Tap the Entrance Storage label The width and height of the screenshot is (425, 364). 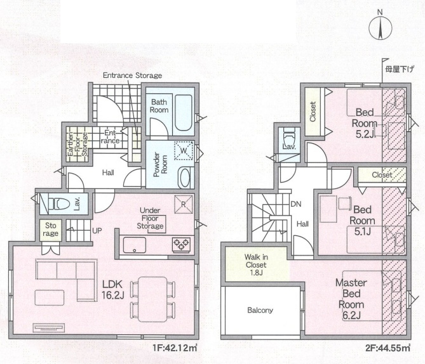coord(133,75)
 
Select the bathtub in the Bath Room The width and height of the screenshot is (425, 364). coord(183,113)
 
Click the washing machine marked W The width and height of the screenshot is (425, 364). coord(184,150)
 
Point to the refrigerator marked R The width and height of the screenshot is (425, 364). coord(183,204)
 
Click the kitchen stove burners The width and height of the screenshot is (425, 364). coord(181,244)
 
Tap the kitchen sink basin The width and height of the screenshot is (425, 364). coord(135,245)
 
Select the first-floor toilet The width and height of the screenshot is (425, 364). coord(57,204)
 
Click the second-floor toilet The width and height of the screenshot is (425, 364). coord(288,138)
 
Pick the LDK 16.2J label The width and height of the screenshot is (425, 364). coord(112,290)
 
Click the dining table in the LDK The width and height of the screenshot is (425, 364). coord(152,299)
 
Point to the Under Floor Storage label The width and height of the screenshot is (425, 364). coord(150,218)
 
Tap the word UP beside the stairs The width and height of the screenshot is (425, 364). coord(97,231)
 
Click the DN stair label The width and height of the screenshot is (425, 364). coord(295,204)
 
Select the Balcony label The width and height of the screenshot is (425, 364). coord(260,310)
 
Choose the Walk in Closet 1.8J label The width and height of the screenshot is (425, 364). coord(255,264)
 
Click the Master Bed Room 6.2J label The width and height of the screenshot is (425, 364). coord(351,299)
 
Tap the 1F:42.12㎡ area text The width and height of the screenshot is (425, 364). coord(175,348)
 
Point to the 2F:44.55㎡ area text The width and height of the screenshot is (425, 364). coord(388,348)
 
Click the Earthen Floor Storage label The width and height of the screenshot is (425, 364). coord(78,144)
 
